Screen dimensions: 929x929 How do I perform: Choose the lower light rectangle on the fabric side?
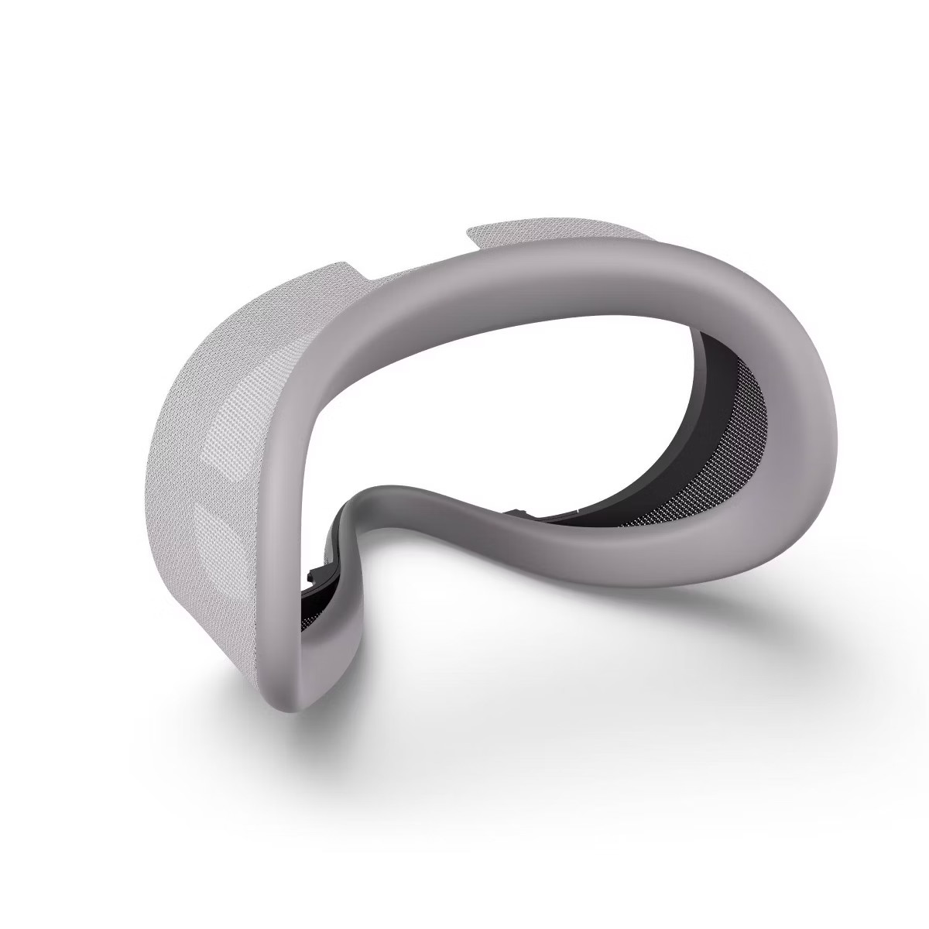click(217, 534)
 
